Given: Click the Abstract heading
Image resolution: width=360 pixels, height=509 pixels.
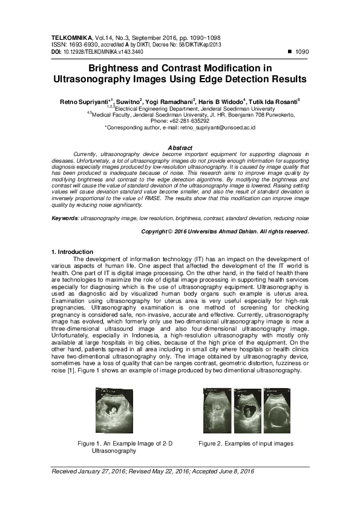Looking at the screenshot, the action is click(x=180, y=148).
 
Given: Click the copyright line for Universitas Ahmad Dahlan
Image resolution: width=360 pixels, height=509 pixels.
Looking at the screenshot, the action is click(x=225, y=231).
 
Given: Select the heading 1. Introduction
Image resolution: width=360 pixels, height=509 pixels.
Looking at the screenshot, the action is click(x=73, y=251).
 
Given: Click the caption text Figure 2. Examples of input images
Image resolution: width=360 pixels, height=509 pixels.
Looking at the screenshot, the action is click(x=246, y=444).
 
